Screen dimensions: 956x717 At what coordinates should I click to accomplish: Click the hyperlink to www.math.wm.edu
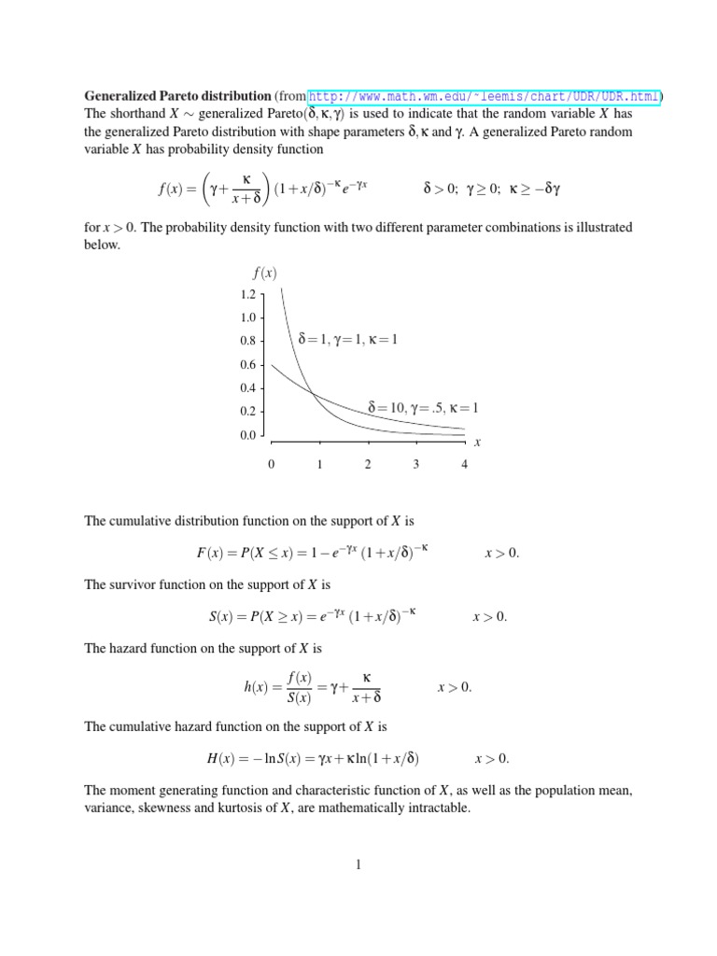[x=484, y=96]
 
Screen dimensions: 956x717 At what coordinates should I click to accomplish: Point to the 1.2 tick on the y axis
[x=247, y=294]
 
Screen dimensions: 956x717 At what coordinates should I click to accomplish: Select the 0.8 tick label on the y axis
[x=247, y=342]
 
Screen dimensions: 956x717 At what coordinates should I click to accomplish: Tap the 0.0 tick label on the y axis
[x=247, y=435]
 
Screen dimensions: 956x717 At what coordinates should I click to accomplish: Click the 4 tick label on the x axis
[x=464, y=465]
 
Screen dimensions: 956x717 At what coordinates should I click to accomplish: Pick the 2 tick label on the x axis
[x=368, y=465]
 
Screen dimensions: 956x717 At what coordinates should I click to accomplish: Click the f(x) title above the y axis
[x=264, y=273]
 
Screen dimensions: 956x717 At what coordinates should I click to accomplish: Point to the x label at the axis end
[x=477, y=443]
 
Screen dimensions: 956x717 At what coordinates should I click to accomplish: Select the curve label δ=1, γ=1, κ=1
[x=347, y=340]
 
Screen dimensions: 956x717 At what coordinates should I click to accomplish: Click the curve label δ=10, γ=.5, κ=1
[x=415, y=408]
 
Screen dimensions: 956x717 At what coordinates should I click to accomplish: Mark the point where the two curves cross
[x=312, y=394]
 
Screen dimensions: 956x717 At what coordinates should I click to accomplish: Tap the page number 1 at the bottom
[x=358, y=865]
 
